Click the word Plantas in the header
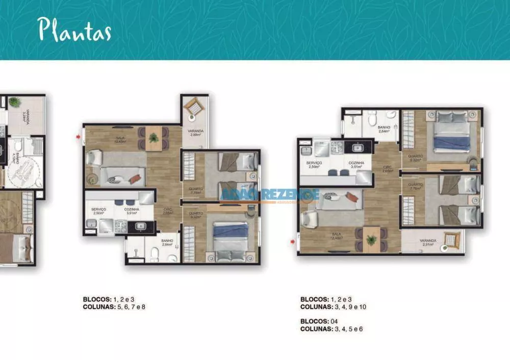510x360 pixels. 75,30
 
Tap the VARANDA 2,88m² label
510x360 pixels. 195,134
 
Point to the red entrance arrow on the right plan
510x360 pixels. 292,237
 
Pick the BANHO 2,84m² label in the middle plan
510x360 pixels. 167,243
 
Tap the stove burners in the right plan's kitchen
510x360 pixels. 337,147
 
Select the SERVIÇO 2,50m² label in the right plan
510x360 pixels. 314,165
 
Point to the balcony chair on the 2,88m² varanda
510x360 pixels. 194,107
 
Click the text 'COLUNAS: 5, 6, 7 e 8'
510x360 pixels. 114,307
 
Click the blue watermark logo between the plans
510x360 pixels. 270,195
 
